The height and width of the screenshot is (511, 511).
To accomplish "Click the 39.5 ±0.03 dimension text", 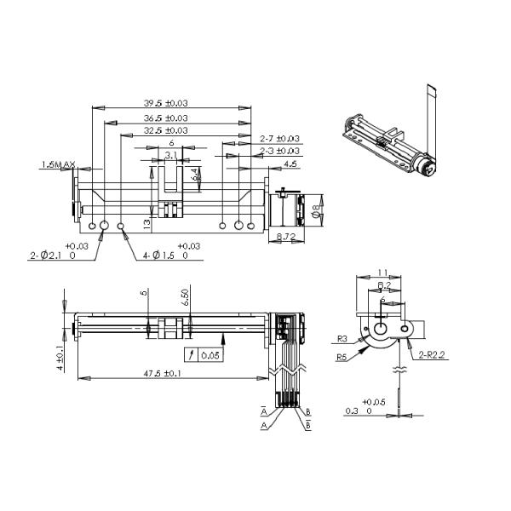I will (x=166, y=103).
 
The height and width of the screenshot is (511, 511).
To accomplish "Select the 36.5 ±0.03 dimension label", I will (x=166, y=118).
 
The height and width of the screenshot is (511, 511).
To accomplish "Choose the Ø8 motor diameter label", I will (x=317, y=208).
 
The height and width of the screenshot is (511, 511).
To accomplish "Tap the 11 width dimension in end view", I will (x=383, y=273).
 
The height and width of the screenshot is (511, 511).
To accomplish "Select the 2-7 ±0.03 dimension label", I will (x=278, y=138).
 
